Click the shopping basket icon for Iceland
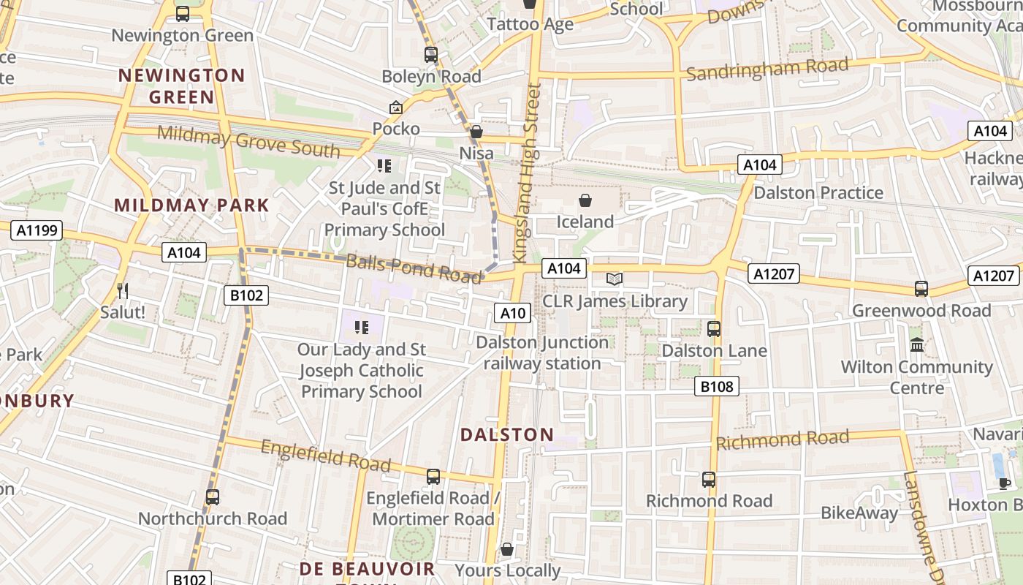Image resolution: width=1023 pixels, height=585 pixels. (x=585, y=200)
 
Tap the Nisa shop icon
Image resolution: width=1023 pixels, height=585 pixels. (x=476, y=132)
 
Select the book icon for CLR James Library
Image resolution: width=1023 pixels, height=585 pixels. (x=615, y=279)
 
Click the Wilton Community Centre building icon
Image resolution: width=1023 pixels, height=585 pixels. (x=916, y=344)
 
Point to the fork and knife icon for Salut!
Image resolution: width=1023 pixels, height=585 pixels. (x=123, y=291)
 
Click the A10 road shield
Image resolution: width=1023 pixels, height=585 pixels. (x=512, y=314)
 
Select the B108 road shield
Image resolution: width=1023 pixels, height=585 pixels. (x=716, y=386)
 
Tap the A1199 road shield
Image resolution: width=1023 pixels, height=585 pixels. (x=37, y=231)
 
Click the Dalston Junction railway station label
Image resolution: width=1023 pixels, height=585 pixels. (x=541, y=352)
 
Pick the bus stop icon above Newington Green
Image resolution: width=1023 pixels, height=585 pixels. (x=183, y=13)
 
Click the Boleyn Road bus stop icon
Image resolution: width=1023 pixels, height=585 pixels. (x=431, y=54)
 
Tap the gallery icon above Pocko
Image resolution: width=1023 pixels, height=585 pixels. (x=396, y=107)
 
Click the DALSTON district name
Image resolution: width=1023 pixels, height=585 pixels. (x=507, y=434)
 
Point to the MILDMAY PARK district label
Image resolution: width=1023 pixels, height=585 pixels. (x=192, y=205)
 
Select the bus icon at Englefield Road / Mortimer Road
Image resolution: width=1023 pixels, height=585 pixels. (x=433, y=477)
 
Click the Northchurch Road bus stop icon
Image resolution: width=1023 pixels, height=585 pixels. (x=213, y=497)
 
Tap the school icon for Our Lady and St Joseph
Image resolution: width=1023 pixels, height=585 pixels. (x=361, y=327)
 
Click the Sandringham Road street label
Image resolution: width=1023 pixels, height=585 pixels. (x=767, y=69)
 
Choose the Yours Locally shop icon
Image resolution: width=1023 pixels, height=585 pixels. (x=507, y=549)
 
